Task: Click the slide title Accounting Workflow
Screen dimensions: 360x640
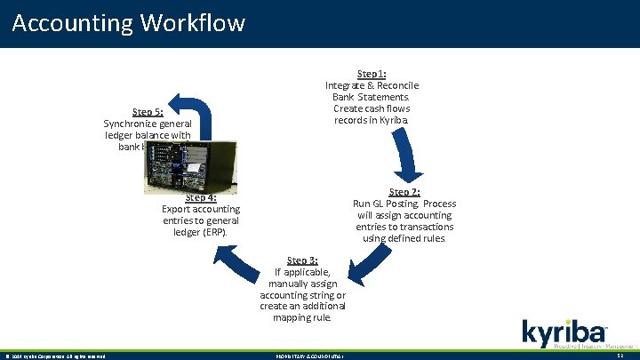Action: (129, 22)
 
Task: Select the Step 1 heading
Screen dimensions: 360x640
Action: (372, 74)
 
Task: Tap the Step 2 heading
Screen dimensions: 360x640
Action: (404, 192)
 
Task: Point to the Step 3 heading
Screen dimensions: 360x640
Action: (302, 260)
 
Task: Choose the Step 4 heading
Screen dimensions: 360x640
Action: (201, 198)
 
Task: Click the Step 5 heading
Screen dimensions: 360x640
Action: (147, 112)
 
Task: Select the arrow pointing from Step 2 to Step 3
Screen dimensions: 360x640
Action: (366, 266)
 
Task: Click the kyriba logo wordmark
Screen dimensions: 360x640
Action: (564, 333)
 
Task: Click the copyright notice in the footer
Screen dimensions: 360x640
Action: (55, 356)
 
